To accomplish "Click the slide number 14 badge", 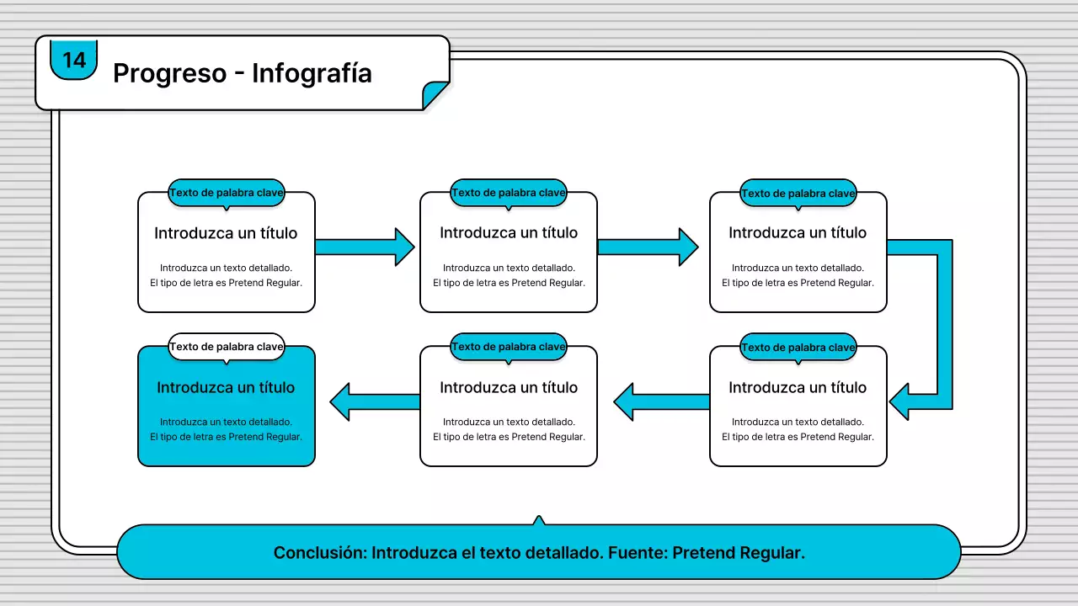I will click(x=74, y=60).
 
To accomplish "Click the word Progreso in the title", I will click(x=169, y=73).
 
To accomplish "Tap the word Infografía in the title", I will click(x=312, y=73).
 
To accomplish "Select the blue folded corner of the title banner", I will click(x=437, y=93).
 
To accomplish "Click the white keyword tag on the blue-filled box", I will click(x=227, y=347).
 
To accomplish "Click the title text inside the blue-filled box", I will click(x=226, y=388).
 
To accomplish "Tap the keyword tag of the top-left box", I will click(x=227, y=193).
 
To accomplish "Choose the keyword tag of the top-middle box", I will click(x=509, y=193).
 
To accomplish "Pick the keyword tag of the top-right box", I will click(x=798, y=194).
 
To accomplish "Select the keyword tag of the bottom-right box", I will click(x=798, y=348).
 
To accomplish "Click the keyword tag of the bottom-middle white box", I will click(x=509, y=347).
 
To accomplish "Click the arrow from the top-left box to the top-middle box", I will click(x=366, y=247).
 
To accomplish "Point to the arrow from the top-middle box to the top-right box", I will click(x=648, y=247).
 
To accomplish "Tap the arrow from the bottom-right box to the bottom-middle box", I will click(x=661, y=402).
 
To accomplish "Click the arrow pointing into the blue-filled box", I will click(x=375, y=402).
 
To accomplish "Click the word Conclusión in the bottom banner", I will click(x=319, y=553).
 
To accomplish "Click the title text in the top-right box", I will click(x=798, y=233).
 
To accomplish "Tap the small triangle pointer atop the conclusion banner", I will click(x=539, y=521).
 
